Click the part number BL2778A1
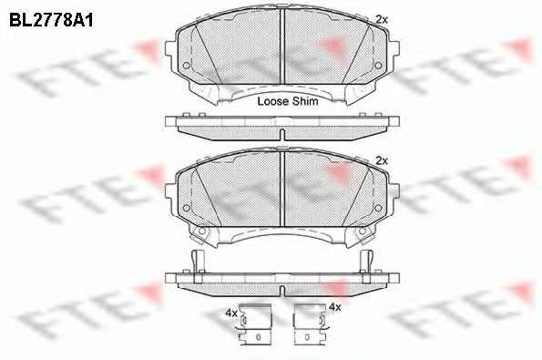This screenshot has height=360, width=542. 51,20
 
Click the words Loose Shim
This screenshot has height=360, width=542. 288,101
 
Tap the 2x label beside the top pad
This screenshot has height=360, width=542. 382,20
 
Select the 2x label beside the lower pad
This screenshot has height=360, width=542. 382,160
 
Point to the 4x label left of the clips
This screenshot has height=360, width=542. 230,313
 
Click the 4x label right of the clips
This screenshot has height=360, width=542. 335,307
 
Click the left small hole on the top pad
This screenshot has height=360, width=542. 186,66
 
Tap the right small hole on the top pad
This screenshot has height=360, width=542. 378,66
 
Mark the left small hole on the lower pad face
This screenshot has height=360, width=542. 186,208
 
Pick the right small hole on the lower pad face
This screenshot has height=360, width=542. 378,208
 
